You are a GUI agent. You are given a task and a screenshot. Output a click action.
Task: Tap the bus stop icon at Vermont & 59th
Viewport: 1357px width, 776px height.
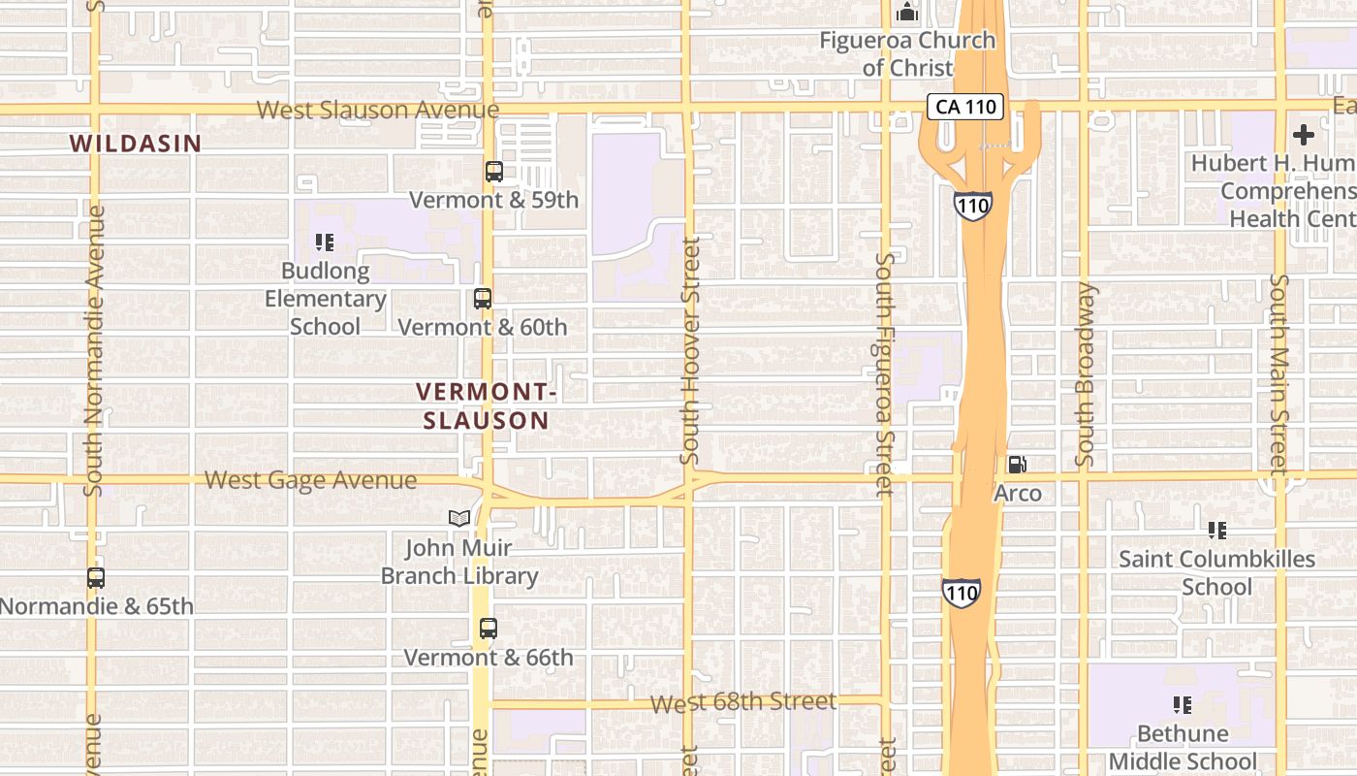click(493, 172)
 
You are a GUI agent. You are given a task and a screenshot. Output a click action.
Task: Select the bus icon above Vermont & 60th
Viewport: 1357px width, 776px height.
click(483, 299)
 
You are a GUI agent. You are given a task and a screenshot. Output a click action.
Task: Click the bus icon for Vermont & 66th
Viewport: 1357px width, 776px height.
click(489, 629)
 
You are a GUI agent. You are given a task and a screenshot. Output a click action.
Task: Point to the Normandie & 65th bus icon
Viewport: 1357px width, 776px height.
click(95, 578)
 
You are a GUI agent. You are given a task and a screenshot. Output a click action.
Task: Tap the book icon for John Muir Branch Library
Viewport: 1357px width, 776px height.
click(459, 519)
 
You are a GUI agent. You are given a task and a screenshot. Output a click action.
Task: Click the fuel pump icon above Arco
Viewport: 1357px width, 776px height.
click(1017, 466)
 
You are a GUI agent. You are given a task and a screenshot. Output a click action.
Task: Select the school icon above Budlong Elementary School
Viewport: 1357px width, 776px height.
click(325, 242)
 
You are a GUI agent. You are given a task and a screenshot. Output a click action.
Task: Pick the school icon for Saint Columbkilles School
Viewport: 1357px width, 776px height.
click(1216, 531)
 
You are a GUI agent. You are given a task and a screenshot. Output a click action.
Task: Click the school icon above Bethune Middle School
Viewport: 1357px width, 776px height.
click(1182, 705)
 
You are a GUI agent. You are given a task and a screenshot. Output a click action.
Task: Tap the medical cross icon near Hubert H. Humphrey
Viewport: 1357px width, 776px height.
click(1304, 135)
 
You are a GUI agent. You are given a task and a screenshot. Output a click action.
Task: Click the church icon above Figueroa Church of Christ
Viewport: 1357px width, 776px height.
click(907, 13)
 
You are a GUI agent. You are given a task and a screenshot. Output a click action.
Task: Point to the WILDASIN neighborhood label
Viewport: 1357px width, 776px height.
click(136, 144)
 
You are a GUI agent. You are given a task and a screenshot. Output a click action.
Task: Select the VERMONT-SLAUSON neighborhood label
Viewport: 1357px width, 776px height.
click(486, 405)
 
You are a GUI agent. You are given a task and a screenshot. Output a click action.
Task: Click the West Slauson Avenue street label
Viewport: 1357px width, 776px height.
click(378, 110)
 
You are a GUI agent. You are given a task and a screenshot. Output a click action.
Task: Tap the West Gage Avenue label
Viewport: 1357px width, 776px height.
click(311, 480)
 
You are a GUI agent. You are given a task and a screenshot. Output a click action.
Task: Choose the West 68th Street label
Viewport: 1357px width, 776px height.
click(742, 701)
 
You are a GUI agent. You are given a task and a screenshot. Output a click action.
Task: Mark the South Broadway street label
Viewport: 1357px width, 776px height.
click(1085, 373)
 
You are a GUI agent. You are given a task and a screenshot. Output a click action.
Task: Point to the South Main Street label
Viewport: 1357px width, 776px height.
click(1279, 373)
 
